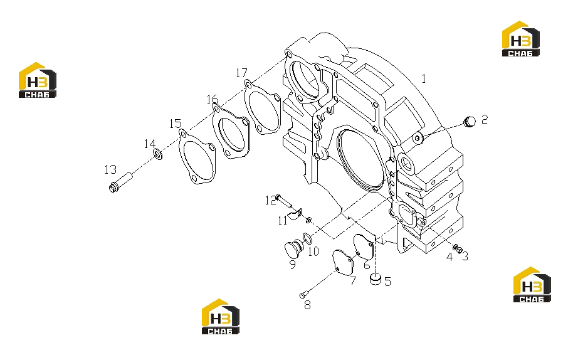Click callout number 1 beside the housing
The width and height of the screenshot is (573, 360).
click(424, 78)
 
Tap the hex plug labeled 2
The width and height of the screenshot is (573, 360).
click(469, 122)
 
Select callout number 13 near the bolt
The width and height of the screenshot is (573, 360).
click(110, 169)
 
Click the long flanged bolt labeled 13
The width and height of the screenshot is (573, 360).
click(121, 182)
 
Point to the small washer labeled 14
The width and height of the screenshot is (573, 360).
click(158, 154)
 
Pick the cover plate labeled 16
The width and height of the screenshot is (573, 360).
click(231, 132)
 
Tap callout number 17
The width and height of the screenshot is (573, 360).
click(241, 73)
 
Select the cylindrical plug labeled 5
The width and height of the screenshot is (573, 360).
click(376, 278)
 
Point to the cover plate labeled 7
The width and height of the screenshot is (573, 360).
click(343, 262)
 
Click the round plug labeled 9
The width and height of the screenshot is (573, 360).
click(293, 248)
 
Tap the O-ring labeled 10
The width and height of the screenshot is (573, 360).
click(308, 238)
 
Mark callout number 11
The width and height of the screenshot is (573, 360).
click(283, 221)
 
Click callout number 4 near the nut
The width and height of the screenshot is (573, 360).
click(449, 257)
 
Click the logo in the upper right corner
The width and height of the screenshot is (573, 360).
click(521, 39)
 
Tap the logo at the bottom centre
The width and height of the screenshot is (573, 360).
click(220, 317)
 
